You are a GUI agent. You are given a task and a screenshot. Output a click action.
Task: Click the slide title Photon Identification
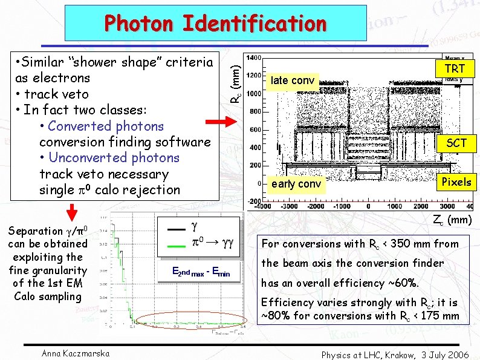[x=215, y=24]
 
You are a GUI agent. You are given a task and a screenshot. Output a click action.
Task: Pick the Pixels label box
[x=456, y=182]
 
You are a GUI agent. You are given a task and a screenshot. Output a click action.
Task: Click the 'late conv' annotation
[x=292, y=80]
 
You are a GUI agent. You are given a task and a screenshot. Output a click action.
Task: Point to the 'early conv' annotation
[x=296, y=184]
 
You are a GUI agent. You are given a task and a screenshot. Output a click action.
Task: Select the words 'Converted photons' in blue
[x=106, y=126]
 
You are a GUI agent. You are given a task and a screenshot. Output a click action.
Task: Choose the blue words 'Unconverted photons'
[x=114, y=158]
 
